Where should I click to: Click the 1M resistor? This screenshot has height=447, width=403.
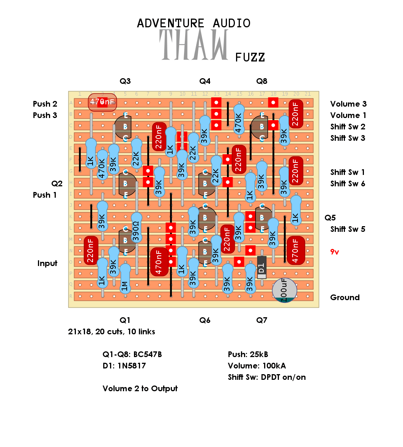point(125,279)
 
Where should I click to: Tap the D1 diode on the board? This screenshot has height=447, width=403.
point(261,268)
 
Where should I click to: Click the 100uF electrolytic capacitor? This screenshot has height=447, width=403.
point(285,290)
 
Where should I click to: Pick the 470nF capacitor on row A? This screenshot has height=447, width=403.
point(102,102)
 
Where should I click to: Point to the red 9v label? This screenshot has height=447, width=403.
point(335,252)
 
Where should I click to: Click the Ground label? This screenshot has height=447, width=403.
point(345,297)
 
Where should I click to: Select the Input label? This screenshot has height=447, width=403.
point(47,263)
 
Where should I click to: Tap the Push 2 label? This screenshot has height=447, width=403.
point(45,104)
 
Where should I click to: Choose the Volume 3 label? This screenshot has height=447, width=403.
point(348,104)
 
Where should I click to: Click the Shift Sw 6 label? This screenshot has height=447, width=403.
point(348,184)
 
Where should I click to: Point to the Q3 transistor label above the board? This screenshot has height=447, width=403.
point(125,81)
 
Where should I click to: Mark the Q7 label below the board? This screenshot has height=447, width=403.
point(261,320)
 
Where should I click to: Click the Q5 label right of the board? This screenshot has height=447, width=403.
point(330,218)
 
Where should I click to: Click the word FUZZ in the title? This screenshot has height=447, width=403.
point(250,57)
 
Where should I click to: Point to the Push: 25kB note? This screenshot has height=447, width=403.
point(248,354)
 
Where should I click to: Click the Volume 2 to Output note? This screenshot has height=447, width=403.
point(140,389)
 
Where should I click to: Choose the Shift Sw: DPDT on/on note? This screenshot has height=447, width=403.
point(267,377)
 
